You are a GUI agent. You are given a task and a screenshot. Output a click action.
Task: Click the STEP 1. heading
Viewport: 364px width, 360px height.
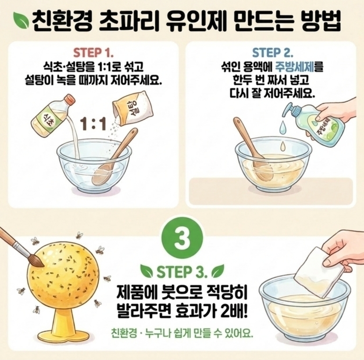pos(93,53)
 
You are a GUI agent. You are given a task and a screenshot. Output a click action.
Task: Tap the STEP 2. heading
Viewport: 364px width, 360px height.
pos(272,53)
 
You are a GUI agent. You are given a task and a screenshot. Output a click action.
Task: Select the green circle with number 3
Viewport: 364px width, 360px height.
pos(182,238)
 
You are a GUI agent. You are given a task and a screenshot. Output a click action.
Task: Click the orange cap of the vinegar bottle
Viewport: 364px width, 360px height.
pos(70,100)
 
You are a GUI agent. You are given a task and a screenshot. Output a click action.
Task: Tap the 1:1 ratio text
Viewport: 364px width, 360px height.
pos(93,124)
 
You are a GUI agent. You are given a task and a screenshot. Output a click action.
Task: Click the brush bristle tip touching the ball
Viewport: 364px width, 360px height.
pos(42,265)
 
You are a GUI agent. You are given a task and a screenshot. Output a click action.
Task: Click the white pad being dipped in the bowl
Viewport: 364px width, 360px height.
pos(318,273)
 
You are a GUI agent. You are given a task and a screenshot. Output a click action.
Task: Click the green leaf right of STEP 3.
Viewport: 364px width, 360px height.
pos(218,271)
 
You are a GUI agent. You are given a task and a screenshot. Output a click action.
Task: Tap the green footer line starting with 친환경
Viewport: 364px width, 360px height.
pos(182,335)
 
